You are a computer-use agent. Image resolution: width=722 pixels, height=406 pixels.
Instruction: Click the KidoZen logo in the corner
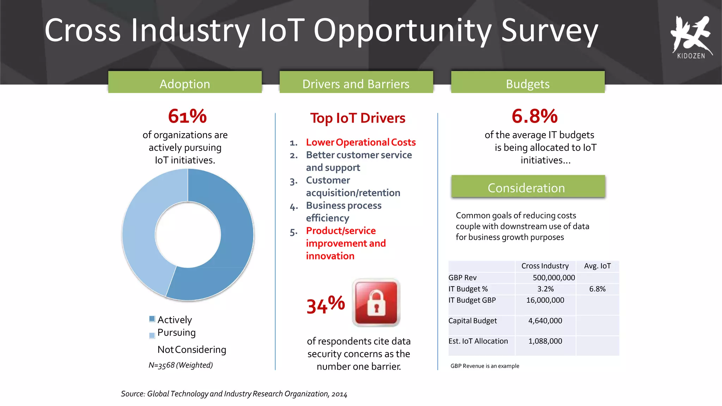[x=691, y=37]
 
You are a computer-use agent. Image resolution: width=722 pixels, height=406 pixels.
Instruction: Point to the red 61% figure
[x=187, y=116]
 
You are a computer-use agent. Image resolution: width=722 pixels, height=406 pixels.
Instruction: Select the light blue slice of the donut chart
[x=145, y=226]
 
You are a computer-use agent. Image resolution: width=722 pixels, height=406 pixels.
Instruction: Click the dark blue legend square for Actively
[x=152, y=319]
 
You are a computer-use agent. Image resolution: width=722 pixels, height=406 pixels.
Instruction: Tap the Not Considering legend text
[x=192, y=350]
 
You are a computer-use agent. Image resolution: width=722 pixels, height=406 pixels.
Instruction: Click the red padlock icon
[x=376, y=302]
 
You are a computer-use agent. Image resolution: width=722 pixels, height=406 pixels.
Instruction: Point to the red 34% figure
[x=325, y=305]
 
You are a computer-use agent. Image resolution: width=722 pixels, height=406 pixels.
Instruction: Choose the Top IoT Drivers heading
[x=357, y=118]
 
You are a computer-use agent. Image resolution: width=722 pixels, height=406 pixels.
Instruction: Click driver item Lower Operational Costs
[x=361, y=142]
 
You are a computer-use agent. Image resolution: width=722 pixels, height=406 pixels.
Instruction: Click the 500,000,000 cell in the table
[x=553, y=278]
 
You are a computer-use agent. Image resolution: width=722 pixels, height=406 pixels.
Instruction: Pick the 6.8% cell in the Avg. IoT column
[x=597, y=289]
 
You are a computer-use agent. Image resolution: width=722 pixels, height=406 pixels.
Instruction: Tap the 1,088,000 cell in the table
[x=545, y=341]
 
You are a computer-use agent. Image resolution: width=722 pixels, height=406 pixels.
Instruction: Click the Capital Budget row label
[x=472, y=321]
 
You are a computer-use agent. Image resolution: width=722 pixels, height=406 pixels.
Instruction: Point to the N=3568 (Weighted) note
[x=180, y=365]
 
